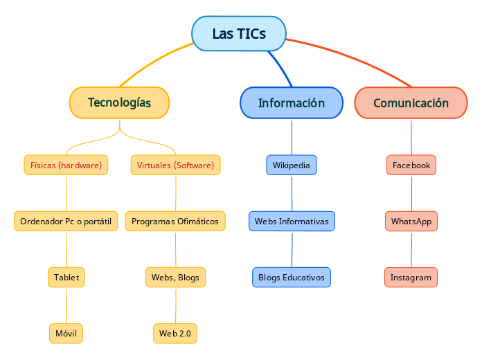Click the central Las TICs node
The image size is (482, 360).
[239, 34]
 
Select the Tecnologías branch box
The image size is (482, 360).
[120, 102]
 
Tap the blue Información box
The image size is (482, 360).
[292, 102]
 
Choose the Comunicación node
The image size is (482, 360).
[411, 102]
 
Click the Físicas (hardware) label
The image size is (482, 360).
[66, 165]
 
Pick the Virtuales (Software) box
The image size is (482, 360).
[175, 165]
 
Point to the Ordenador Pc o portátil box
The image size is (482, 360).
[66, 221]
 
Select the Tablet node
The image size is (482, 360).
[66, 277]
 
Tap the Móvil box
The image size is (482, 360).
[66, 333]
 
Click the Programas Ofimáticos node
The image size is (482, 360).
[175, 221]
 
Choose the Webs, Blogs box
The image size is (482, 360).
[175, 277]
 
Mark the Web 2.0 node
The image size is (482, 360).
[175, 333]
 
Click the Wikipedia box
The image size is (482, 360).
[292, 165]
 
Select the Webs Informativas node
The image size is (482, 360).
[292, 221]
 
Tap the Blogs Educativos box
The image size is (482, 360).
[292, 277]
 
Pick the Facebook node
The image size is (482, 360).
[411, 165]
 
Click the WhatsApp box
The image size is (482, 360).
[411, 221]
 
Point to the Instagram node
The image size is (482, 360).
[411, 277]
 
